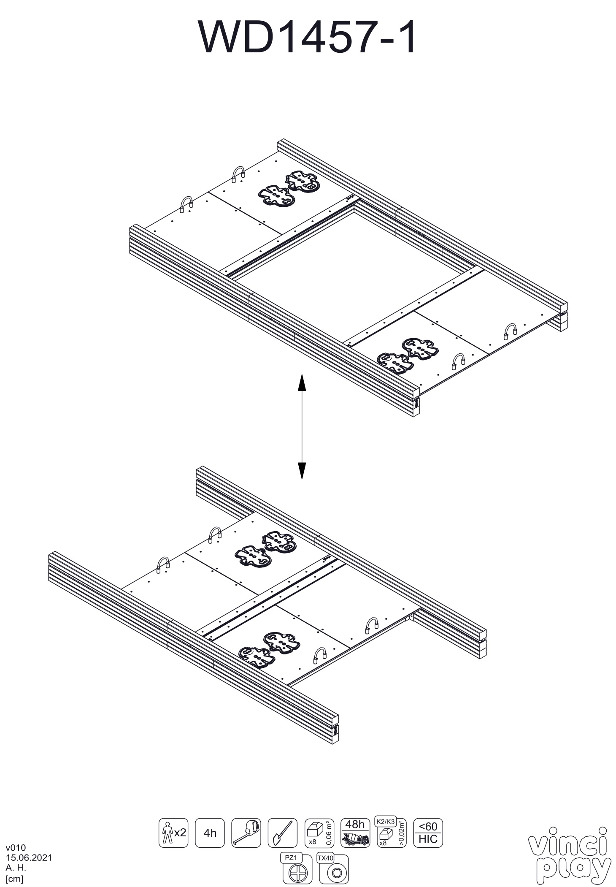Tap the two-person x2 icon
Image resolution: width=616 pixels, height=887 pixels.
(x=173, y=832)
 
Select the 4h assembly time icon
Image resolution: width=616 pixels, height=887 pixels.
(x=210, y=832)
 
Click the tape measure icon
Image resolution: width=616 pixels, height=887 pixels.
(x=246, y=832)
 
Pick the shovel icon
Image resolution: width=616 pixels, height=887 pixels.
(x=282, y=832)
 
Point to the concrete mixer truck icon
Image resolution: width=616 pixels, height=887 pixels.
(x=355, y=838)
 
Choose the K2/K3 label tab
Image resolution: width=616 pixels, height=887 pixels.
(x=385, y=822)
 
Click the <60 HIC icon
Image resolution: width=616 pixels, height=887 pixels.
(x=428, y=832)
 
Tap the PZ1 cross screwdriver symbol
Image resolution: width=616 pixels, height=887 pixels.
(x=297, y=872)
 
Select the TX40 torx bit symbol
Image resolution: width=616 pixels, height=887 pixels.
(x=334, y=872)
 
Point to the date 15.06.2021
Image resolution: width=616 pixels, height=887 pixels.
(x=29, y=857)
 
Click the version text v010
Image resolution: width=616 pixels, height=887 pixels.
(x=16, y=847)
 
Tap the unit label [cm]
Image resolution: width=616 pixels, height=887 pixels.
(x=14, y=879)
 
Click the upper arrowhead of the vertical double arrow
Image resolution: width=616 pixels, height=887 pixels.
(x=302, y=382)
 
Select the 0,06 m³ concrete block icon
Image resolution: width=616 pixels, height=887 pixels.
(x=319, y=832)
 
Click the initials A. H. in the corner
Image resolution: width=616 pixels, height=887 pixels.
(x=16, y=868)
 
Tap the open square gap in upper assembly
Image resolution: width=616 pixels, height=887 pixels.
(x=354, y=270)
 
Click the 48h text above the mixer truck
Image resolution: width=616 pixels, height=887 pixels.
(x=355, y=825)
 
